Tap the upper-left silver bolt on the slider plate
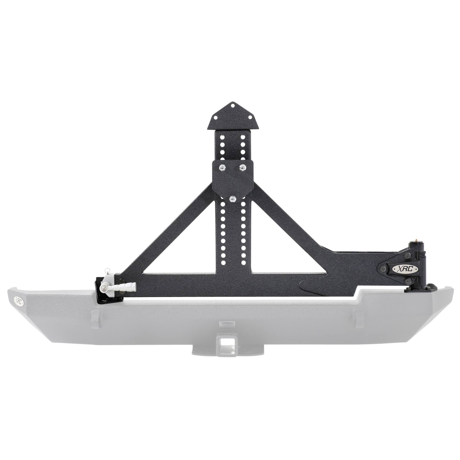tap(221, 167)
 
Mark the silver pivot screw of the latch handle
tap(103, 289)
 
